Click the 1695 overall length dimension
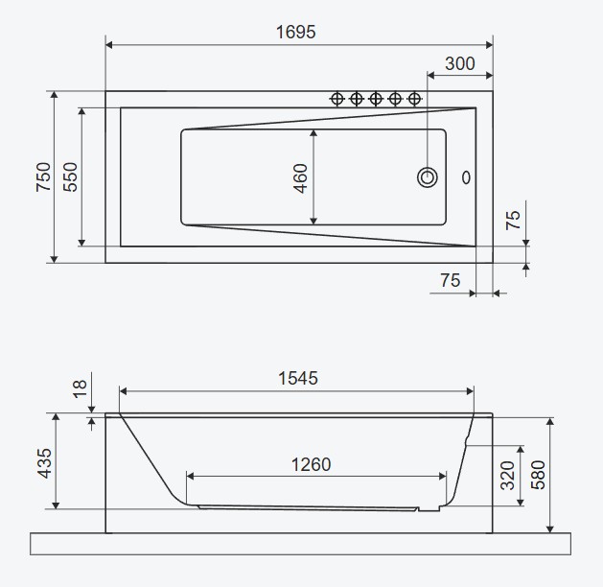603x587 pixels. tap(295, 32)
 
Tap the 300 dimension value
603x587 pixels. tap(460, 63)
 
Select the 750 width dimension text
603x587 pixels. tap(43, 176)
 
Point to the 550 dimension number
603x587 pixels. tap(70, 176)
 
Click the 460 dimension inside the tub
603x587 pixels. tap(300, 178)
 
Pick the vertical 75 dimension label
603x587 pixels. tap(513, 221)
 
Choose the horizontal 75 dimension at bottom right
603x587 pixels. tap(451, 280)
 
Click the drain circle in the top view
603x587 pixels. tap(428, 177)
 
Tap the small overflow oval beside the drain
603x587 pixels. tap(466, 177)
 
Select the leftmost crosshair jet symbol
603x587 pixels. tap(336, 99)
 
